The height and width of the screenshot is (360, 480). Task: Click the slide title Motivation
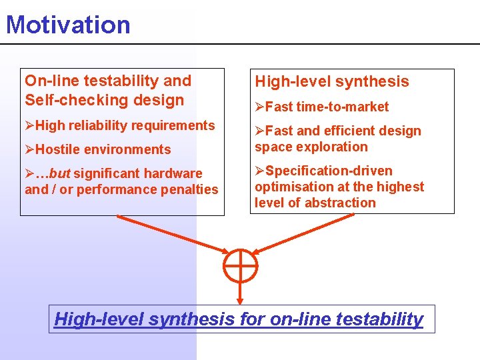click(68, 25)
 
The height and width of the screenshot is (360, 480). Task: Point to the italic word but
click(59, 173)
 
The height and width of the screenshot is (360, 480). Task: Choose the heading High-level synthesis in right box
click(331, 82)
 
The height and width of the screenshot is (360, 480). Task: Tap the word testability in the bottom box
click(381, 319)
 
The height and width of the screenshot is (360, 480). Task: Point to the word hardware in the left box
click(175, 173)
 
